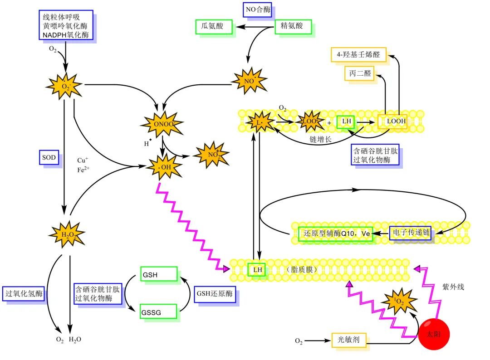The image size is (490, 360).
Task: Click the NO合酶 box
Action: [257, 10]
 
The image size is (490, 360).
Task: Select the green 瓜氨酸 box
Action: [214, 27]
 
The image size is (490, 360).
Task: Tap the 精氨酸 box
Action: [293, 27]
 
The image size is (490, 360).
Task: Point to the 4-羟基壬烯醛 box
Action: [358, 55]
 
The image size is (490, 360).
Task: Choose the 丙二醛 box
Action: [359, 73]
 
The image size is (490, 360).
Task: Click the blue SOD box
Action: [49, 157]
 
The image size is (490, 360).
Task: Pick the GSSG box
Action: [158, 311]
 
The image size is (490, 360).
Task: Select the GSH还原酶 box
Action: [215, 294]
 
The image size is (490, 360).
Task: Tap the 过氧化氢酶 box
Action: [24, 293]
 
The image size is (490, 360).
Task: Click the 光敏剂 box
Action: [348, 340]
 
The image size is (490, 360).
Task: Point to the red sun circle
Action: [434, 334]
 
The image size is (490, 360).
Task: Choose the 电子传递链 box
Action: [410, 233]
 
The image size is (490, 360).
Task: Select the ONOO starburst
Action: [162, 124]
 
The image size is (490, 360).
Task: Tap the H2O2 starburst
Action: [68, 234]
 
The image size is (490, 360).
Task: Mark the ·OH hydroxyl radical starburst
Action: [165, 167]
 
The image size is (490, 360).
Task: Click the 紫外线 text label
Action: [453, 287]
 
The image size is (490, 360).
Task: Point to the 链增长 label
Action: [320, 139]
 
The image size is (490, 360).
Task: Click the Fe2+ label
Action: [83, 170]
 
